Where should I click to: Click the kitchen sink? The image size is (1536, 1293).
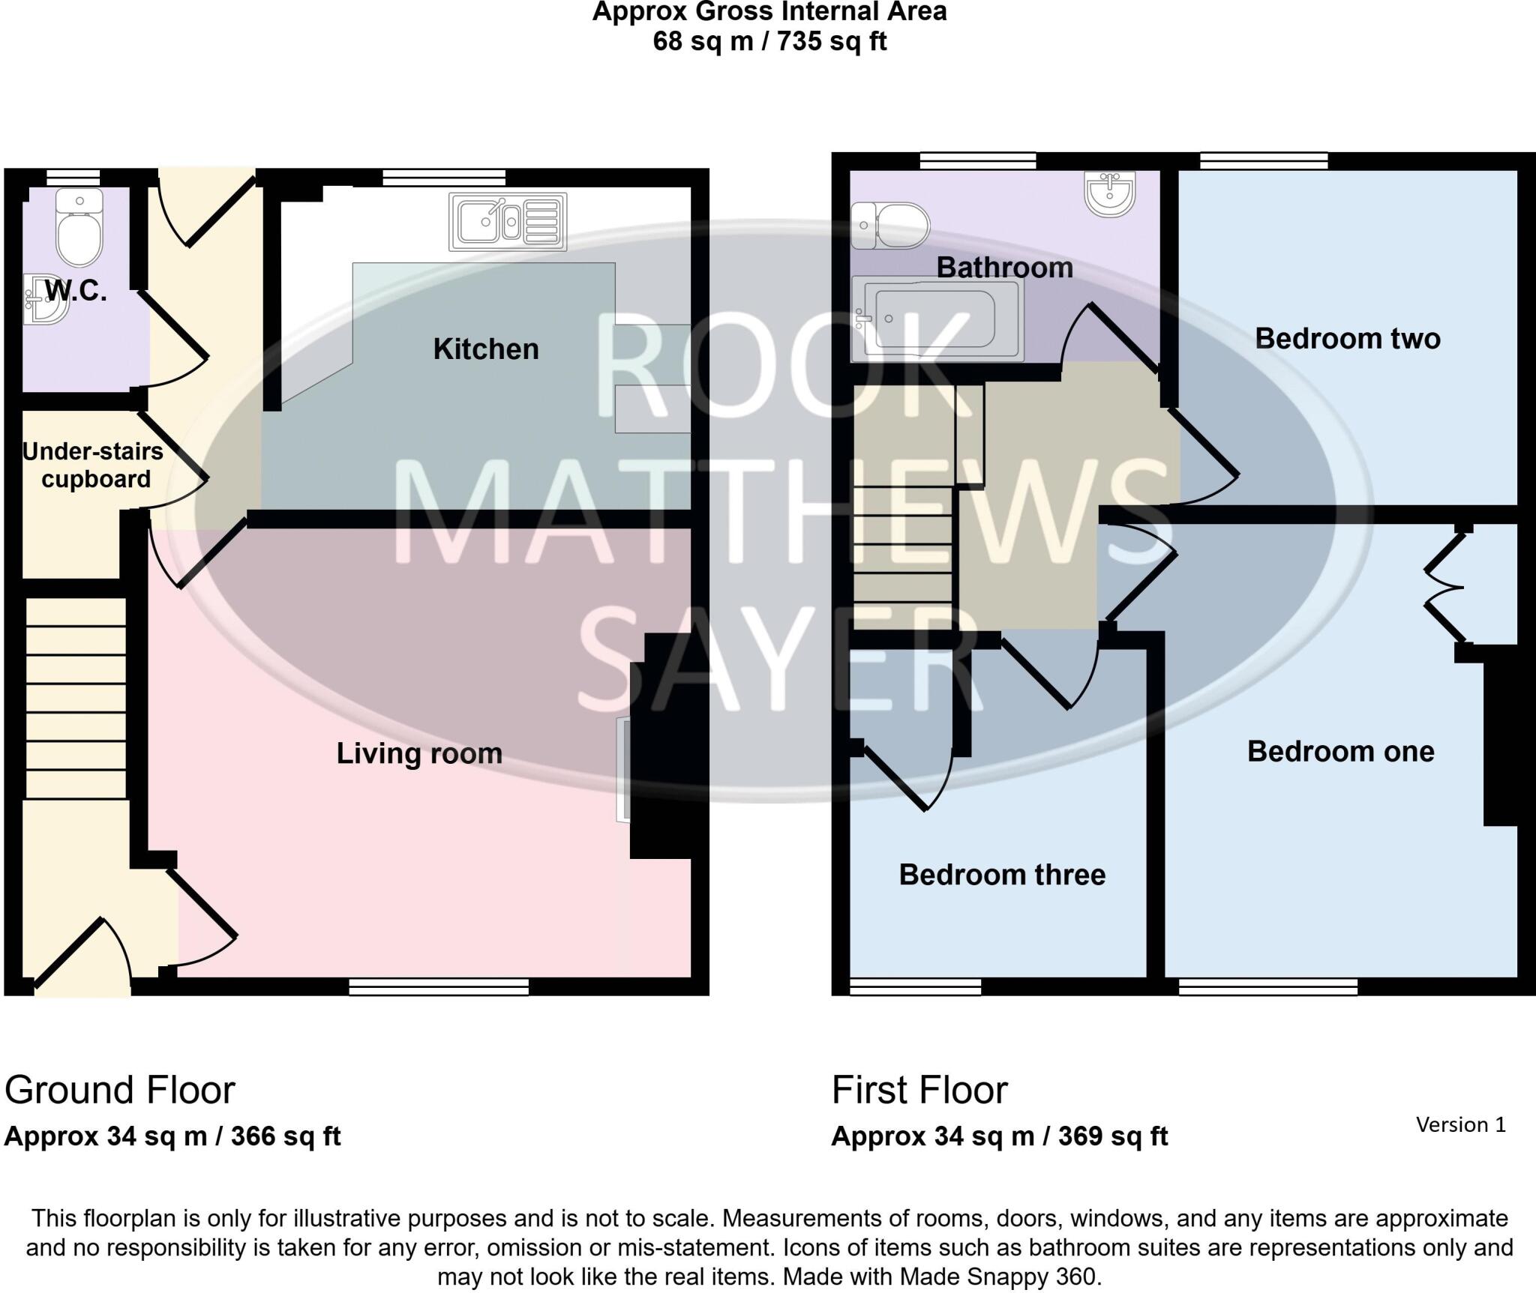[x=508, y=222]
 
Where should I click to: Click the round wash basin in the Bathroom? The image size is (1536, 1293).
[x=1109, y=193]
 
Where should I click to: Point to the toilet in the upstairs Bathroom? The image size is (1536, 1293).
[x=891, y=225]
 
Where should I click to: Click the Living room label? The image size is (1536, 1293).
[x=419, y=753]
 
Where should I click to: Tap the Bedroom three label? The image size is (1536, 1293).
[x=1002, y=875]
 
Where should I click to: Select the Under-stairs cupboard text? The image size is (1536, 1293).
[x=94, y=465]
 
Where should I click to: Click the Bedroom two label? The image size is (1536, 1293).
[x=1348, y=339]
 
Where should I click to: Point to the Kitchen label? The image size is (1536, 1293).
[x=486, y=349]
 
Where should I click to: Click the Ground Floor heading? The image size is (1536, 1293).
[x=120, y=1090]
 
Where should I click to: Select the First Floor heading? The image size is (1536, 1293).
[x=919, y=1090]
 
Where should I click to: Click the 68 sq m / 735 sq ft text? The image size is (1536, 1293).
[x=769, y=41]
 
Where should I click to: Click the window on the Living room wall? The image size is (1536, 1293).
[x=439, y=987]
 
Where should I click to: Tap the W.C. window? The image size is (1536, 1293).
[x=73, y=177]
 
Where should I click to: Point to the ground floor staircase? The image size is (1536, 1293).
[x=76, y=697]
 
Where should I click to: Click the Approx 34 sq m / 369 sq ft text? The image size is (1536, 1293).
[x=999, y=1136]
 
